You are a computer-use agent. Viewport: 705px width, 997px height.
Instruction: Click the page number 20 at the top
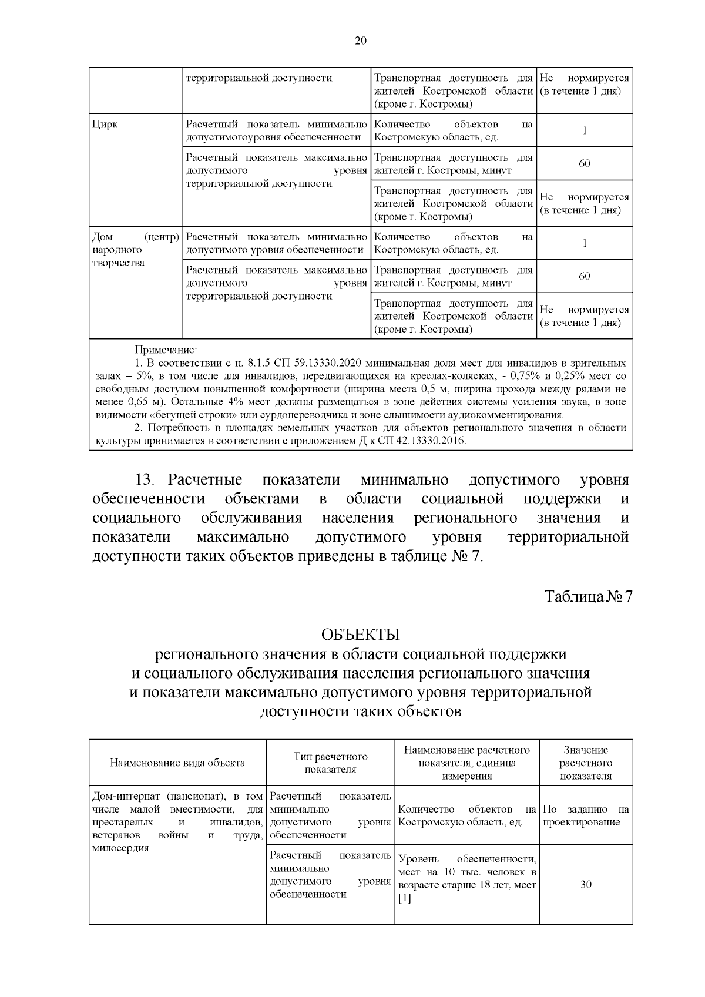361,41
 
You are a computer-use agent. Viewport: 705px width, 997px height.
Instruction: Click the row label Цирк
105,125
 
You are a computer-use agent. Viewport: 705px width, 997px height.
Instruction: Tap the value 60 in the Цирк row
584,164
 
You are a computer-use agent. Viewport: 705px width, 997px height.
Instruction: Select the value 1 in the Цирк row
584,130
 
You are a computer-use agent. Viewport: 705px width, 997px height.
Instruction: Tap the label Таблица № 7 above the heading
588,596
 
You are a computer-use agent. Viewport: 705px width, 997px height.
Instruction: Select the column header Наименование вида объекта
177,763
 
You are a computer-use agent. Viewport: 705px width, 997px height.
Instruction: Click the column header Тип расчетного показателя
330,763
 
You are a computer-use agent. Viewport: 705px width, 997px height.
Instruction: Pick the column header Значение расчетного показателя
585,763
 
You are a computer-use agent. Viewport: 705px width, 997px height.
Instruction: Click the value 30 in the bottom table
585,884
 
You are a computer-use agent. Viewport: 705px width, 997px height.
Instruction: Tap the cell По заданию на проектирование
585,815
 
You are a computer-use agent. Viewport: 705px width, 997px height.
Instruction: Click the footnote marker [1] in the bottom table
405,898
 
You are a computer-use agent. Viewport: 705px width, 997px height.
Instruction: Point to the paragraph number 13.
145,480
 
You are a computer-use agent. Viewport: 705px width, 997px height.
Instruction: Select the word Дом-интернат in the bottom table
127,796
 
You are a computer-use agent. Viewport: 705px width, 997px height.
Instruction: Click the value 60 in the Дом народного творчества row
584,277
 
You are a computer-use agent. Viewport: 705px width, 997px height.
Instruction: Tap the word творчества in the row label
119,263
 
